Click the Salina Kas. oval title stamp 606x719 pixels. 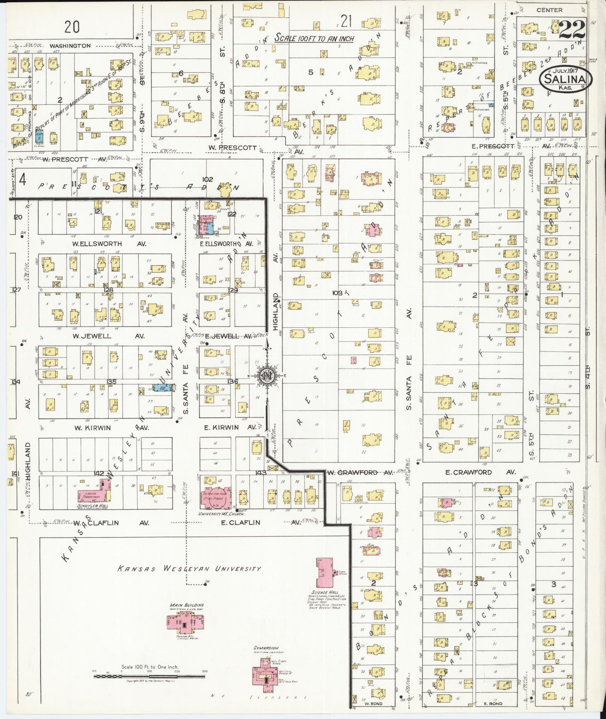point(566,79)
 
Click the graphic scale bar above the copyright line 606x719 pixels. point(150,676)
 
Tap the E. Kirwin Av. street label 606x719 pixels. point(231,427)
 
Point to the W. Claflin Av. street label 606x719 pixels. point(111,522)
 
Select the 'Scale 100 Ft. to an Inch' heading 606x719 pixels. point(314,38)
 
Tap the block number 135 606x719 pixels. point(112,381)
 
